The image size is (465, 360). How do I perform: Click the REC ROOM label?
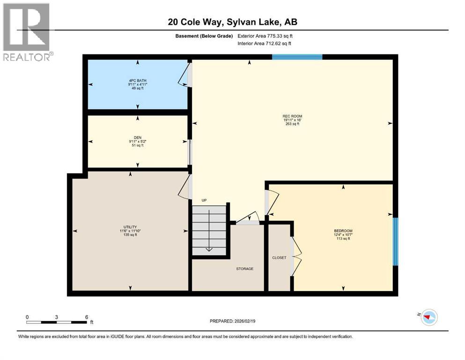pos(292,116)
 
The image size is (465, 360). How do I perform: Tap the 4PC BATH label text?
pos(137,81)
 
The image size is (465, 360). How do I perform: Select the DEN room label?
pos(137,138)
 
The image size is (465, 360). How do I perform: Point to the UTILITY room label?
pos(130,227)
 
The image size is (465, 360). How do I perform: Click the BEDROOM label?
pos(343,231)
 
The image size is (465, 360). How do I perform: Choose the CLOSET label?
pos(279,258)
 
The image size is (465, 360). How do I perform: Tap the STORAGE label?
pos(244,269)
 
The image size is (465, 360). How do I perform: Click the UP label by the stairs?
pos(204,200)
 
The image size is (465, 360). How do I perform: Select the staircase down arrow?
pos(209,248)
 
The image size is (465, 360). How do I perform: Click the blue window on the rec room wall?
pos(297,57)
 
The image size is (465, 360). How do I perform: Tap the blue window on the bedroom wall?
pos(395,241)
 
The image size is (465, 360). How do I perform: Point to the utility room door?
pos(185,188)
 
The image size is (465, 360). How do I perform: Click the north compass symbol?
pos(428,317)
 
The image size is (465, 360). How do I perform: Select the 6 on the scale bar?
pos(87,317)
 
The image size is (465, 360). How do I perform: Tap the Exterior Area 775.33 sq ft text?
pos(266,36)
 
